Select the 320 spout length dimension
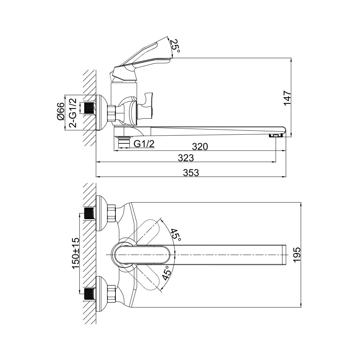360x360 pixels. [x=200, y=147]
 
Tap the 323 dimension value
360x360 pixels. [x=186, y=158]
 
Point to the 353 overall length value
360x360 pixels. [x=191, y=172]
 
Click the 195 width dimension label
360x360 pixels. [x=296, y=255]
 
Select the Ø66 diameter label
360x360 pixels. [x=61, y=112]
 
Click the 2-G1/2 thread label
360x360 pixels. [x=73, y=113]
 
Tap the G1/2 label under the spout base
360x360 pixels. [x=144, y=144]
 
